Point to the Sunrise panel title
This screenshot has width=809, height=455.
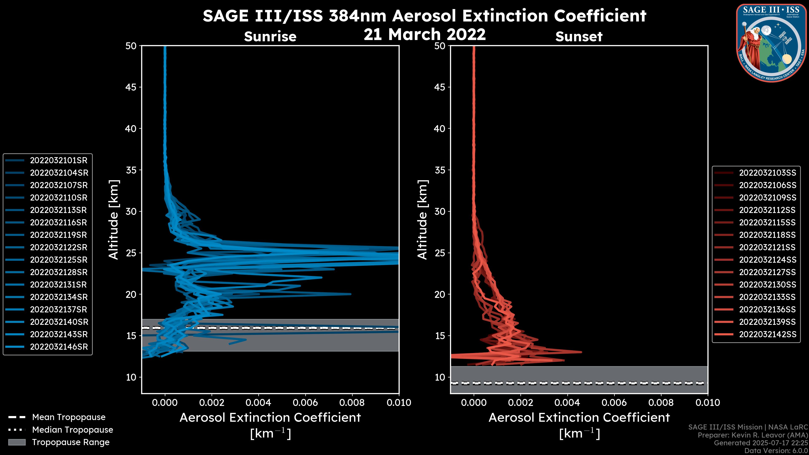click(270, 37)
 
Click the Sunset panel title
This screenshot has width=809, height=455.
click(579, 37)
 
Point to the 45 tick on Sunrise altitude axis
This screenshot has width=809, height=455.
click(131, 87)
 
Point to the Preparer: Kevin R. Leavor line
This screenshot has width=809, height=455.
click(753, 435)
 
